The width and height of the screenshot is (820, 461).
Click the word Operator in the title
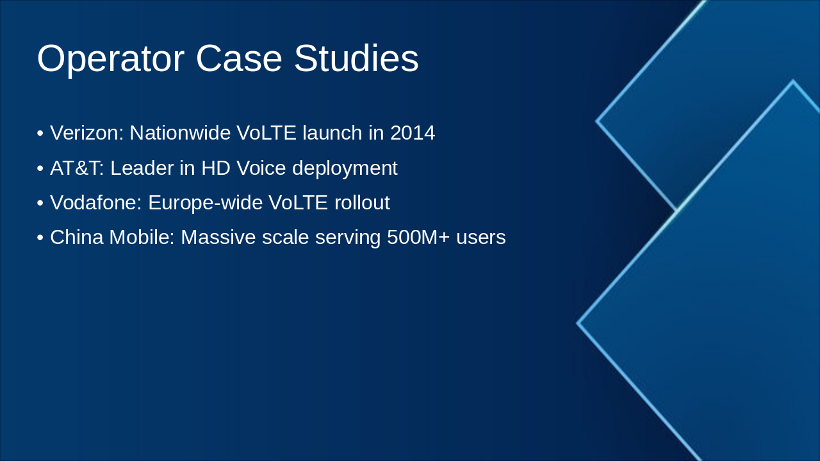click(111, 59)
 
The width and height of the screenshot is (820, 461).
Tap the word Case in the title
click(239, 58)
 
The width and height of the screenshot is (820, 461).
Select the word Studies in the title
click(356, 58)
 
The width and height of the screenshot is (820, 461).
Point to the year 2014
click(413, 133)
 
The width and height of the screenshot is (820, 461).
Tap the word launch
click(332, 133)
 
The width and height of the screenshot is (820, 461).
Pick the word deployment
click(345, 169)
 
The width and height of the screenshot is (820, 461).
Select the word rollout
click(362, 202)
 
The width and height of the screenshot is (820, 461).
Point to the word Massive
click(218, 237)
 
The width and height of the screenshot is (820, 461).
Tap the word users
click(481, 238)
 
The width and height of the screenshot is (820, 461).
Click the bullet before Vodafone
click(40, 203)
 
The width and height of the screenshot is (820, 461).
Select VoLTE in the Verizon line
click(266, 133)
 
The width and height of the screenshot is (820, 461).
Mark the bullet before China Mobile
click(40, 238)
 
